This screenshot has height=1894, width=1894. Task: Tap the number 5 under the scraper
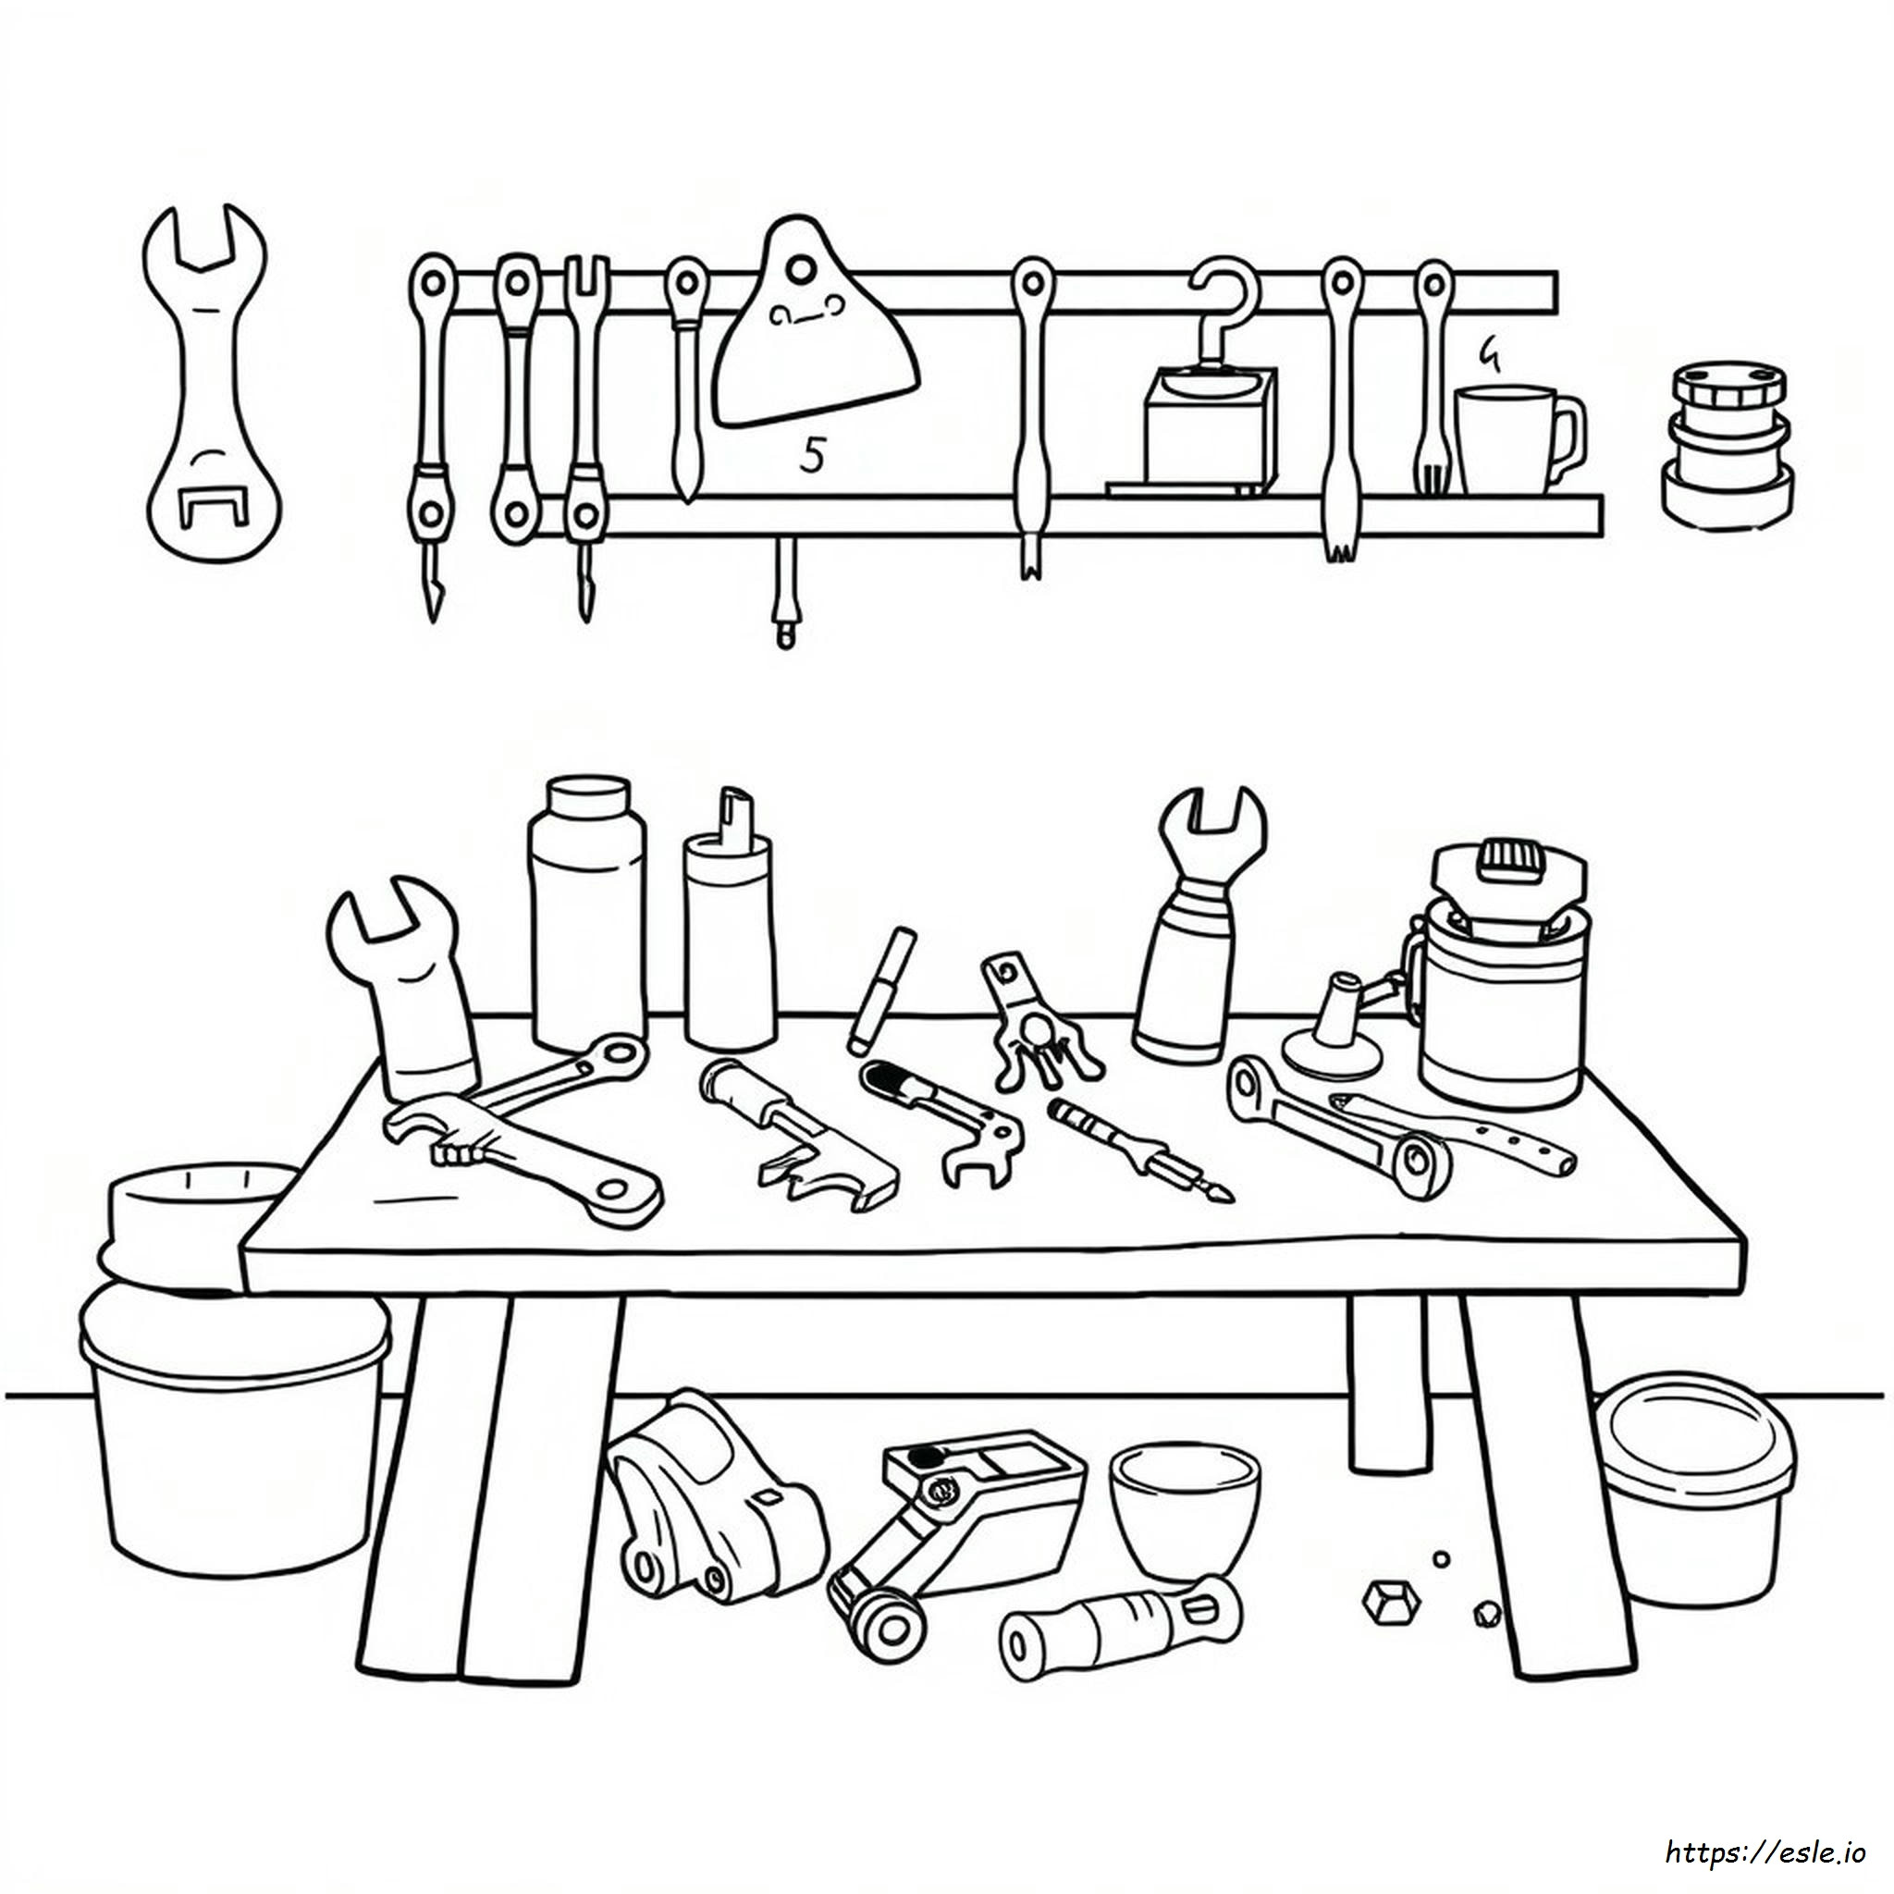point(811,454)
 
